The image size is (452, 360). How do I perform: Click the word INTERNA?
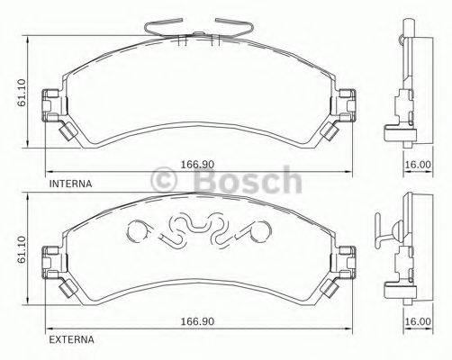coord(71,183)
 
